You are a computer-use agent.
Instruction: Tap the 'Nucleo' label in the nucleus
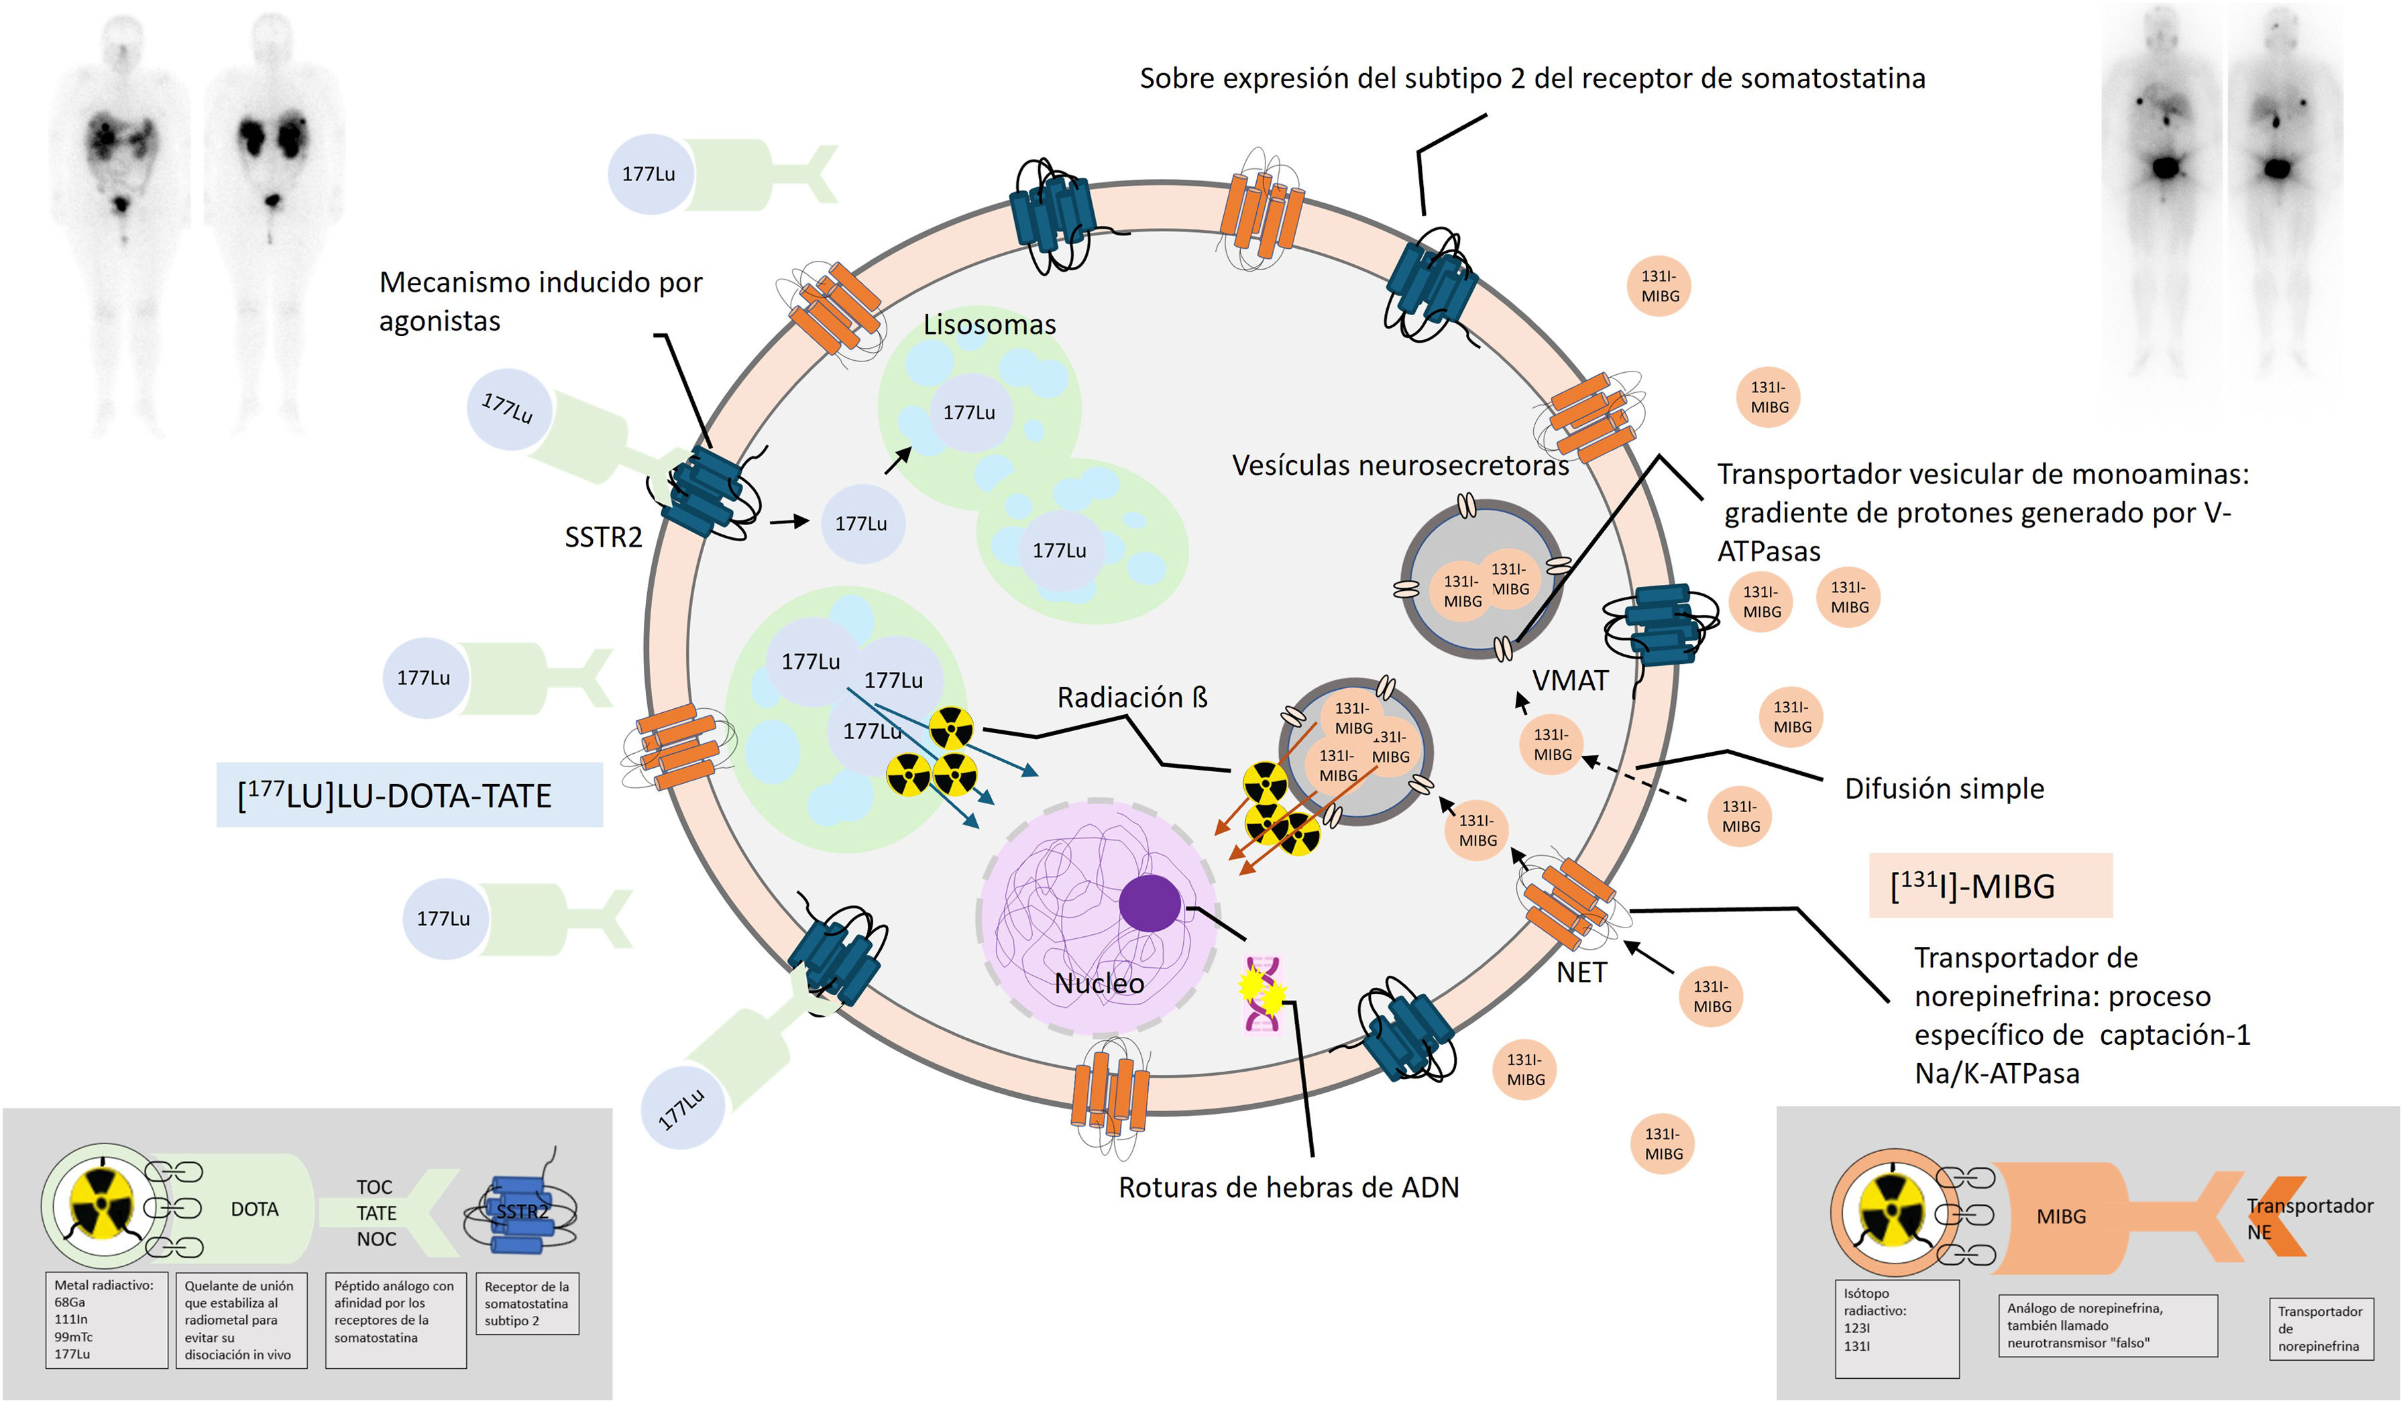pyautogui.click(x=1099, y=983)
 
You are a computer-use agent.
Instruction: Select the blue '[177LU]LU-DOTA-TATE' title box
pyautogui.click(x=409, y=795)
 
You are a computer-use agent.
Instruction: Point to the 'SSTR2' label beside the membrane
pyautogui.click(x=604, y=538)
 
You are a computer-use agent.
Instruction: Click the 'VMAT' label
pyautogui.click(x=1569, y=681)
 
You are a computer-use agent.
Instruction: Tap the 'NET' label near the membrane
pyautogui.click(x=1582, y=973)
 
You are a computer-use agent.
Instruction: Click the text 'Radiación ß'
pyautogui.click(x=1132, y=697)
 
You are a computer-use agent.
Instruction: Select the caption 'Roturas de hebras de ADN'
pyautogui.click(x=1288, y=1188)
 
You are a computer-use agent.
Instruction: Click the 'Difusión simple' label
pyautogui.click(x=1944, y=789)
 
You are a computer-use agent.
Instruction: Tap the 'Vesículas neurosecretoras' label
pyautogui.click(x=1400, y=465)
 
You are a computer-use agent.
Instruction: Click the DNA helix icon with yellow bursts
pyautogui.click(x=1261, y=994)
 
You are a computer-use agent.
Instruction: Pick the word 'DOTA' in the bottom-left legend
pyautogui.click(x=255, y=1209)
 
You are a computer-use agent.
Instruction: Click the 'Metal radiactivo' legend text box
pyautogui.click(x=107, y=1320)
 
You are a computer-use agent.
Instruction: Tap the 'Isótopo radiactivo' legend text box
pyautogui.click(x=1897, y=1329)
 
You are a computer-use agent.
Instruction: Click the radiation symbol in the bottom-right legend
pyautogui.click(x=1893, y=1213)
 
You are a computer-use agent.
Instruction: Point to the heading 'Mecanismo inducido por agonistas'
pyautogui.click(x=541, y=301)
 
